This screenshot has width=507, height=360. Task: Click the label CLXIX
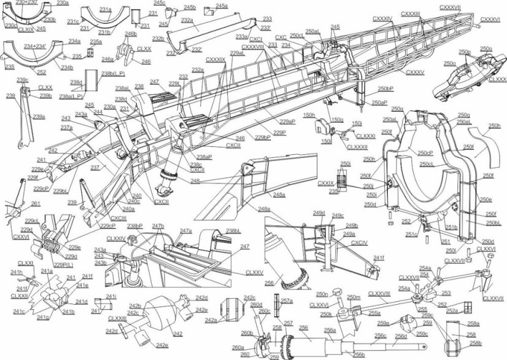[25, 29]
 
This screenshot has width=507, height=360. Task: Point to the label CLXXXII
[357, 147]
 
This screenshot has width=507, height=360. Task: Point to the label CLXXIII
[117, 318]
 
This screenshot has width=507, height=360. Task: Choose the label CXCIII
[118, 218]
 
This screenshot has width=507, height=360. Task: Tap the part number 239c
[23, 80]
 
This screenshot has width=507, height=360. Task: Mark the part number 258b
[474, 342]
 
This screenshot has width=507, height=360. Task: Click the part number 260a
[238, 348]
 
